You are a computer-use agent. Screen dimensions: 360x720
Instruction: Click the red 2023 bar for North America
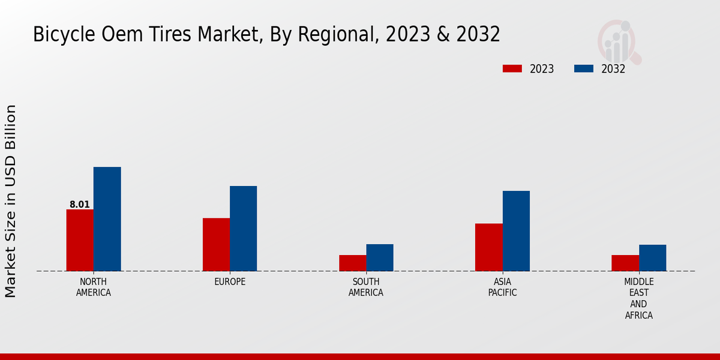(x=80, y=240)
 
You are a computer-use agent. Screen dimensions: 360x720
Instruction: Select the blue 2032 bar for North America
(x=107, y=219)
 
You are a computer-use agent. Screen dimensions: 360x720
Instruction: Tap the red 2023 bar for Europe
(x=216, y=244)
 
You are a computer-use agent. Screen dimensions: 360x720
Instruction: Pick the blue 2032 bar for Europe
(x=243, y=229)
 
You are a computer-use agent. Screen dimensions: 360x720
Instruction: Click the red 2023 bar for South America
(x=352, y=263)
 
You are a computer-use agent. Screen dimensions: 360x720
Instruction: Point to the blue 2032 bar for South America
(x=380, y=257)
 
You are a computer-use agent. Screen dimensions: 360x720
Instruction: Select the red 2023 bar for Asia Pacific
(x=488, y=247)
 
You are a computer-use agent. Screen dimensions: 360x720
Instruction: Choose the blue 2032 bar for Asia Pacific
(x=516, y=231)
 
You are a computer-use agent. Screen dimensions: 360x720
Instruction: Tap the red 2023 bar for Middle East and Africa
(x=625, y=263)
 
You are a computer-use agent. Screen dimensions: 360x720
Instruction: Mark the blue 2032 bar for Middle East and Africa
(x=652, y=258)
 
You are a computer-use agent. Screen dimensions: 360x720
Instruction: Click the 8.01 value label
(x=80, y=205)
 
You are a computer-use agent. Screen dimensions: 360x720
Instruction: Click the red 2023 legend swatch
(x=512, y=68)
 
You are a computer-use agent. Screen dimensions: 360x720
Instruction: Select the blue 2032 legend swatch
(x=583, y=68)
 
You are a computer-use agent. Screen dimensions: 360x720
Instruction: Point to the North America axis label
(x=94, y=287)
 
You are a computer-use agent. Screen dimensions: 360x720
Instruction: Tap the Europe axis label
(x=230, y=282)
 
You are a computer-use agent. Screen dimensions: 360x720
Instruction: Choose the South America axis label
(x=366, y=287)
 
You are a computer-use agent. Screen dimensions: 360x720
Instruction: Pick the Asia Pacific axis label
(x=502, y=287)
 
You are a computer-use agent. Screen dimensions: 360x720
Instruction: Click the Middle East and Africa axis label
(x=639, y=298)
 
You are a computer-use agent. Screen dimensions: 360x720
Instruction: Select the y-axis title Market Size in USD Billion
(x=11, y=201)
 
